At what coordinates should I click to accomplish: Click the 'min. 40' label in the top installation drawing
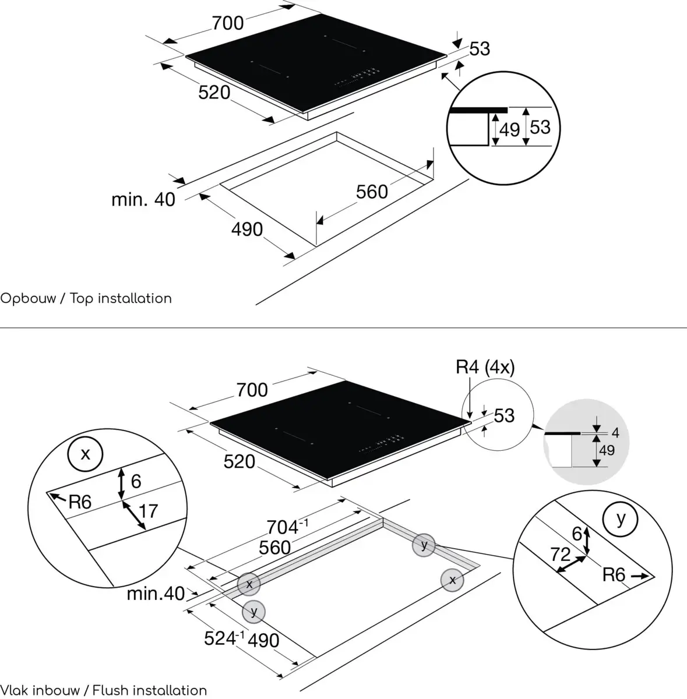click(143, 199)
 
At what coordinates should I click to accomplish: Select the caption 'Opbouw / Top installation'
click(86, 299)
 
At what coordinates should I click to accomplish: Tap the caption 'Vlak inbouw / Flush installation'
click(104, 691)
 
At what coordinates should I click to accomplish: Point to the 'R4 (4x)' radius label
click(485, 367)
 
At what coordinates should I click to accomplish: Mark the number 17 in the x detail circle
click(149, 511)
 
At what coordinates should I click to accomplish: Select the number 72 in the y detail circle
click(560, 554)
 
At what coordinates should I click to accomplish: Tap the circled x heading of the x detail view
click(85, 454)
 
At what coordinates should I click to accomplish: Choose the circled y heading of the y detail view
click(621, 518)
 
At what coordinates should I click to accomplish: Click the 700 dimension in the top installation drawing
click(227, 23)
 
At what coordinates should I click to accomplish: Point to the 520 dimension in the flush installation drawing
click(239, 462)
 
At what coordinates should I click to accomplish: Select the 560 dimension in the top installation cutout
click(372, 192)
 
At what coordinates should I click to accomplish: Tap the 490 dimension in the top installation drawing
click(247, 230)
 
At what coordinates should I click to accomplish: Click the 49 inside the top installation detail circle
click(509, 129)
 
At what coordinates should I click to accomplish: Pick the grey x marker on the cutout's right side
click(452, 580)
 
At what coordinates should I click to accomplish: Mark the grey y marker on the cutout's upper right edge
click(424, 545)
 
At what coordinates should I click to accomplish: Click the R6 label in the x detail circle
click(80, 502)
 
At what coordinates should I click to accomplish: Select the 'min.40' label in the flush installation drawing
click(156, 594)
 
